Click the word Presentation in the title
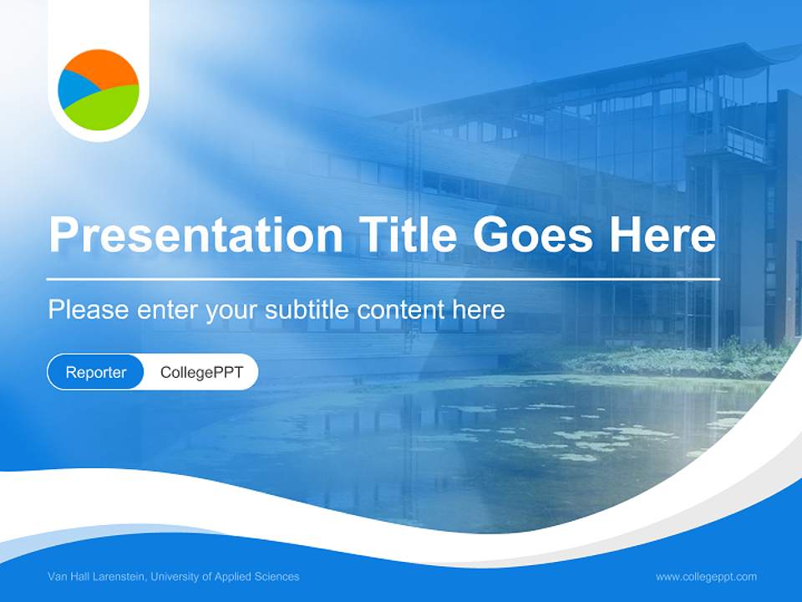coord(195,235)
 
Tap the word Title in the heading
coord(407,234)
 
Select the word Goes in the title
coord(533,234)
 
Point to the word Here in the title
coord(662,234)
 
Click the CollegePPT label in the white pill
coord(201,372)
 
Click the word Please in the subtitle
coord(89,309)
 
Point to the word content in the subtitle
coord(401,309)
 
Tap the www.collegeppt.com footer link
coord(706,577)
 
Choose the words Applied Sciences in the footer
coord(256,576)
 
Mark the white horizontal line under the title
coord(383,279)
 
